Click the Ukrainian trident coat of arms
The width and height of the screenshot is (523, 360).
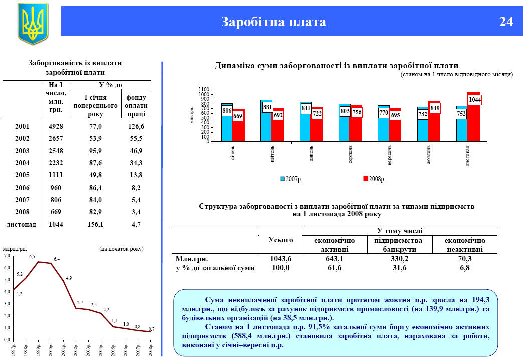point(33,23)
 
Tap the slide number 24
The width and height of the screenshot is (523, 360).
point(506,22)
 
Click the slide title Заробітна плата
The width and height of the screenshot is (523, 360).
point(274,22)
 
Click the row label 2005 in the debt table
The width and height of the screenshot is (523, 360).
point(23,175)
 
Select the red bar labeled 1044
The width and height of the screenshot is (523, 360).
point(473,118)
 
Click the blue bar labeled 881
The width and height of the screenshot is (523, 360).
point(266,120)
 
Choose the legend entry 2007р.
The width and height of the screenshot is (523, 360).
point(291,178)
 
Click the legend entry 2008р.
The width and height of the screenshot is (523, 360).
point(374,178)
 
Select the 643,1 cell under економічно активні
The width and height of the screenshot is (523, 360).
point(334,259)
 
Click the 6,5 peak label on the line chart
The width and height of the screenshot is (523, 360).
point(32,257)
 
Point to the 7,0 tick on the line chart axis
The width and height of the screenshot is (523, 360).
point(7,256)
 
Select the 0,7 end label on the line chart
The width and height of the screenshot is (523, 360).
point(151,329)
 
